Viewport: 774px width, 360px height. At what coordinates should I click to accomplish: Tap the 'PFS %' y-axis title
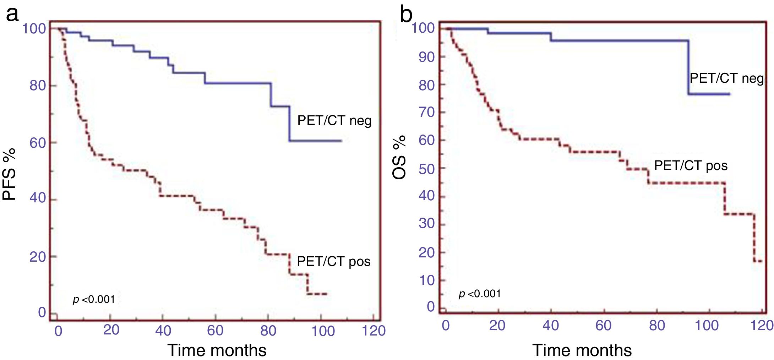pos(10,174)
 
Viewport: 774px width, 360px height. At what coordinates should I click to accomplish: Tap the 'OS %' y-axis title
pos(399,157)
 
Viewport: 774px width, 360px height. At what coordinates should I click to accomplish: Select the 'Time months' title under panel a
pos(217,350)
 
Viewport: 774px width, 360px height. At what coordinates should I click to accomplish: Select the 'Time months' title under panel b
pos(582,350)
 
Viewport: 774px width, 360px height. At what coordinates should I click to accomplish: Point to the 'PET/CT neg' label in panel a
pos(334,121)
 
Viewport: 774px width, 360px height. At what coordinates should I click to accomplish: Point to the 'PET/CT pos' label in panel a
pos(333,262)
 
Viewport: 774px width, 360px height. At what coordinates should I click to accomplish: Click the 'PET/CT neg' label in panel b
pos(726,78)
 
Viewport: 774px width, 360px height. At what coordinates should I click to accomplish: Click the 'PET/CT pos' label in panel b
pos(691,166)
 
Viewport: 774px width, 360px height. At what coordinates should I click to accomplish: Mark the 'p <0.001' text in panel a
pos(94,300)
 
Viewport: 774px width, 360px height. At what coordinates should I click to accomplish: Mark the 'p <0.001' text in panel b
pos(480,294)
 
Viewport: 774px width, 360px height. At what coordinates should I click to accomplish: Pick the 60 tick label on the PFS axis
pos(38,143)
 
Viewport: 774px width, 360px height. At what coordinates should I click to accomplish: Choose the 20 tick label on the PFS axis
pos(38,257)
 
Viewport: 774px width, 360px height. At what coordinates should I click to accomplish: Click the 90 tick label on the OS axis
pos(427,57)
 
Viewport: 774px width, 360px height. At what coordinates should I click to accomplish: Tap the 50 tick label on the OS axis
pos(427,169)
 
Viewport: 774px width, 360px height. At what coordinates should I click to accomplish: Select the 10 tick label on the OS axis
pos(427,280)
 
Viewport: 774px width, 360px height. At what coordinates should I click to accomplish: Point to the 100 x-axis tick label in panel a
pos(323,331)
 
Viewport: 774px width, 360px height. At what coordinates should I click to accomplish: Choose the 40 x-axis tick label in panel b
pos(551,326)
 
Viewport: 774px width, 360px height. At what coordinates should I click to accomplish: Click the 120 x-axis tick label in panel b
pos(762,326)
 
